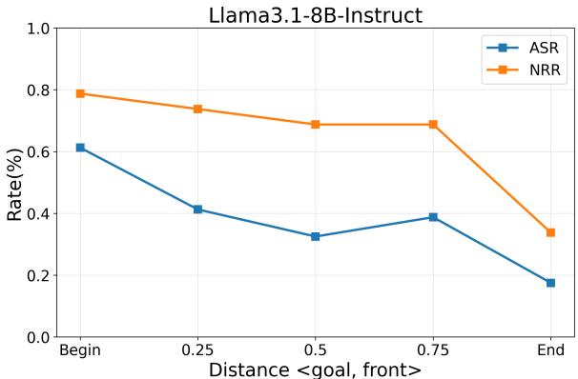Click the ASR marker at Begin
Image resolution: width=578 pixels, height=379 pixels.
(80, 148)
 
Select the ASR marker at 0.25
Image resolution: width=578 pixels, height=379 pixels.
(197, 209)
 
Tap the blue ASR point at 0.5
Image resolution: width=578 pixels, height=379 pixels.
(316, 236)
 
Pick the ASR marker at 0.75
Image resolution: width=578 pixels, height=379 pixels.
(433, 217)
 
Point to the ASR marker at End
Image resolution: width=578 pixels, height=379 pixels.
(550, 283)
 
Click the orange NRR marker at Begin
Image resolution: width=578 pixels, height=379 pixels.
(80, 93)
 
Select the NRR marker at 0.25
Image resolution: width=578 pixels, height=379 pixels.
(197, 109)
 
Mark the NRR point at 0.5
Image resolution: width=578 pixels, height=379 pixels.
(316, 125)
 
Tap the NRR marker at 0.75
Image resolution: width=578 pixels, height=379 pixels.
(433, 125)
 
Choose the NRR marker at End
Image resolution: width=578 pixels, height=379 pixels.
(550, 232)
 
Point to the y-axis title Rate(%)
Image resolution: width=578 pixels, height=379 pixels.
(16, 183)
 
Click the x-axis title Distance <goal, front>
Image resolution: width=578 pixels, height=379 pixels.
(315, 369)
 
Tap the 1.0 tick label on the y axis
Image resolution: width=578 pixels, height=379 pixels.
(39, 30)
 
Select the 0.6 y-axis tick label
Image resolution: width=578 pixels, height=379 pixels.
(39, 152)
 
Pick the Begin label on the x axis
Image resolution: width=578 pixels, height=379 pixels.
(80, 350)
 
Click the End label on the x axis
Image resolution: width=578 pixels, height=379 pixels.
(550, 350)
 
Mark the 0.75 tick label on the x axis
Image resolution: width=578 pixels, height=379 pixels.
(433, 350)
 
